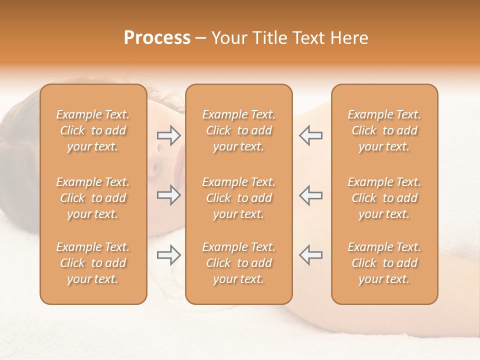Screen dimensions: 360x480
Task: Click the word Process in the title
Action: (157, 38)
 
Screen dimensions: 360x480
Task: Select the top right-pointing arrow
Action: (168, 135)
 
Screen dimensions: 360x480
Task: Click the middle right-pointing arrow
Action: (168, 195)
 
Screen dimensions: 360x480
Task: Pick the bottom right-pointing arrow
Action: (168, 255)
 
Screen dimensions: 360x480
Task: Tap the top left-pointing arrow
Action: (311, 135)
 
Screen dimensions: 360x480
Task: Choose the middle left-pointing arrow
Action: (311, 195)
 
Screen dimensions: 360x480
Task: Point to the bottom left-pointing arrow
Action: (311, 255)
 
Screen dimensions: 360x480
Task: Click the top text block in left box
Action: (93, 130)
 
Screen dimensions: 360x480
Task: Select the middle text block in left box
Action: (93, 198)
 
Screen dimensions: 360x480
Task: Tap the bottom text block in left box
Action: (93, 263)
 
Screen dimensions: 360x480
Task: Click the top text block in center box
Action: (238, 130)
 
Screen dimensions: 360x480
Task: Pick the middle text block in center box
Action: (238, 198)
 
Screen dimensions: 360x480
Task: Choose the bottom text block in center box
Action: (238, 263)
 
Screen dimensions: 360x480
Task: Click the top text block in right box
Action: (384, 130)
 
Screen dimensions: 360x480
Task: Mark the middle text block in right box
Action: (384, 198)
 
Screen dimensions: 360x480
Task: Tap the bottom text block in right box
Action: (384, 263)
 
